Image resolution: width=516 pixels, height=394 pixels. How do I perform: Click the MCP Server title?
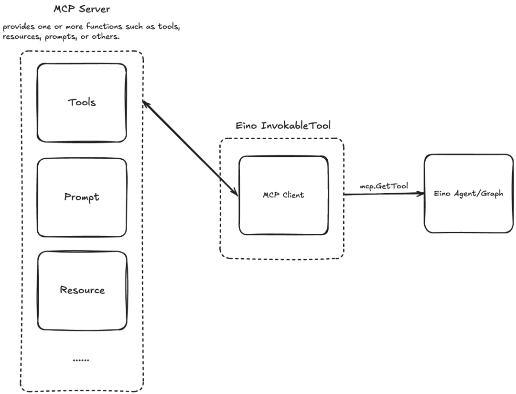tap(82, 9)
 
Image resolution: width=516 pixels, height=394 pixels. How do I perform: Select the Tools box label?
tap(82, 102)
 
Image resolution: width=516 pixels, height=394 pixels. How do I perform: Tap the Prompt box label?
tap(82, 197)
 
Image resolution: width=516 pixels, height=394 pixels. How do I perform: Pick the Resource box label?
tap(82, 290)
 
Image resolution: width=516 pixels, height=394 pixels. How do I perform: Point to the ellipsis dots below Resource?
tap(81, 360)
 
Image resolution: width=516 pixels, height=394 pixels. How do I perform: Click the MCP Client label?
tap(283, 195)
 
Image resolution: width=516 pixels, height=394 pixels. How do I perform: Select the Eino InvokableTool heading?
tap(283, 125)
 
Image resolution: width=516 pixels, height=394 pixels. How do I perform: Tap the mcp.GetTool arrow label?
tap(384, 186)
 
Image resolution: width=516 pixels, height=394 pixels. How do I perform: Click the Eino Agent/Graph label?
tap(469, 193)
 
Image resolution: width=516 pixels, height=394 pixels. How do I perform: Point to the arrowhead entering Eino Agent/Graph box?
tap(421, 194)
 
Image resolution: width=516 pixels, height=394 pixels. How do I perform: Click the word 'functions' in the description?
tap(104, 26)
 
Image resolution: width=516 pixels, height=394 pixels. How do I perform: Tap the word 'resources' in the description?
tap(21, 36)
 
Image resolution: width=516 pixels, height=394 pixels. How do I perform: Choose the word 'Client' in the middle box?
tap(293, 195)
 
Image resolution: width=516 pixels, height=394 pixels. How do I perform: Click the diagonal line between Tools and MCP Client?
tap(190, 148)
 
